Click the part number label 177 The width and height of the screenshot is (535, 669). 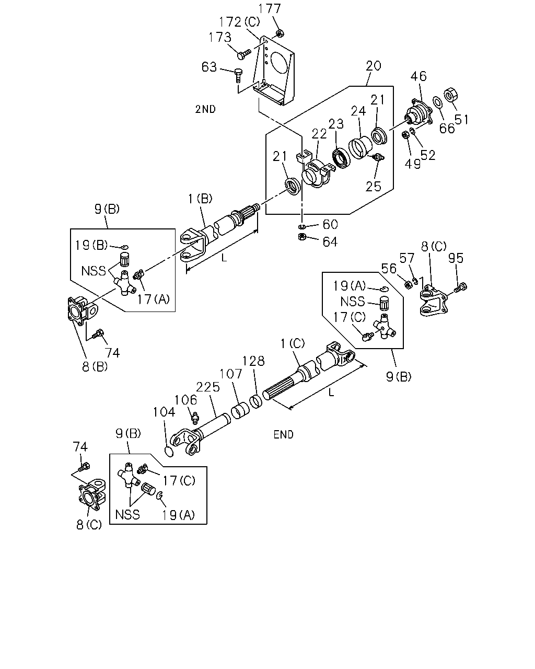(x=270, y=9)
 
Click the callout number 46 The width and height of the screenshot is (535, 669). (x=418, y=76)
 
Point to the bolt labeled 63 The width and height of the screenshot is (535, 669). (x=238, y=75)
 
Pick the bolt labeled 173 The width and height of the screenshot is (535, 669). (x=244, y=54)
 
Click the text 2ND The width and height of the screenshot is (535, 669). (x=205, y=109)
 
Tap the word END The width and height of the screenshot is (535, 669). (x=283, y=434)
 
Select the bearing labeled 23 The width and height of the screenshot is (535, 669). (x=341, y=158)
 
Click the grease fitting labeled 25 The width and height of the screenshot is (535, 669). (x=378, y=157)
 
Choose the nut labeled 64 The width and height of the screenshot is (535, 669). (x=302, y=237)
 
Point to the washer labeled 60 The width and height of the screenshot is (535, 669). (x=302, y=226)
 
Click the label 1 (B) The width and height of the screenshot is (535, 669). (x=200, y=199)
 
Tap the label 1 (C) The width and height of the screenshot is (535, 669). (x=293, y=344)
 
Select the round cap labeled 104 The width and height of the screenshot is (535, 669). (x=168, y=452)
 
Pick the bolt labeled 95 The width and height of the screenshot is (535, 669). (x=461, y=287)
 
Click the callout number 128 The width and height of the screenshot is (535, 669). (x=253, y=361)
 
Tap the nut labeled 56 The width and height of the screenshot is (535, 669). (x=408, y=284)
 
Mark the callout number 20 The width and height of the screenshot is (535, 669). (x=374, y=66)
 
